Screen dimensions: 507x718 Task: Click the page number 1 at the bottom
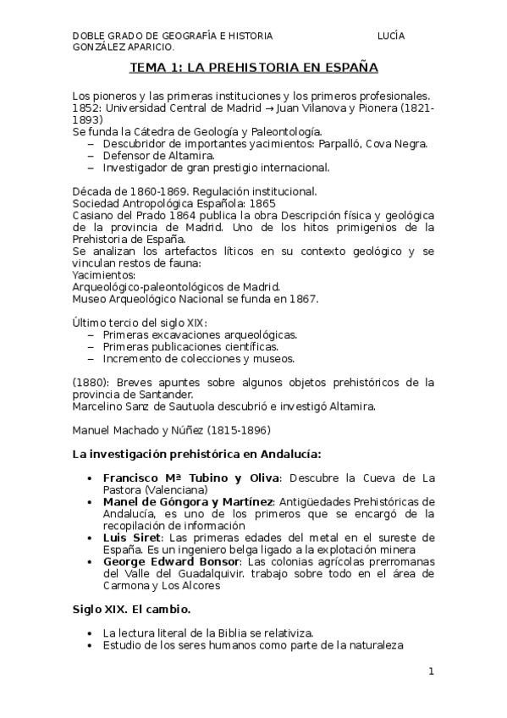pos(431,671)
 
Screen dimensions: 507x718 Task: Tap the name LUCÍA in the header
pos(391,36)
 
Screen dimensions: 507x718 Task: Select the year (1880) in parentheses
pos(90,382)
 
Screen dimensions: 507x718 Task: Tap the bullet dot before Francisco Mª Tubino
pos(91,478)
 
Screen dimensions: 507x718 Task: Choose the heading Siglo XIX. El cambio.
pos(131,610)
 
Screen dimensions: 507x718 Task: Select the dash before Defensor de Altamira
pos(91,156)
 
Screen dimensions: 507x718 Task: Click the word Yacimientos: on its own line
pos(98,274)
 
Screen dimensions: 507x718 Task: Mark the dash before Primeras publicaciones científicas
pos(91,346)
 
